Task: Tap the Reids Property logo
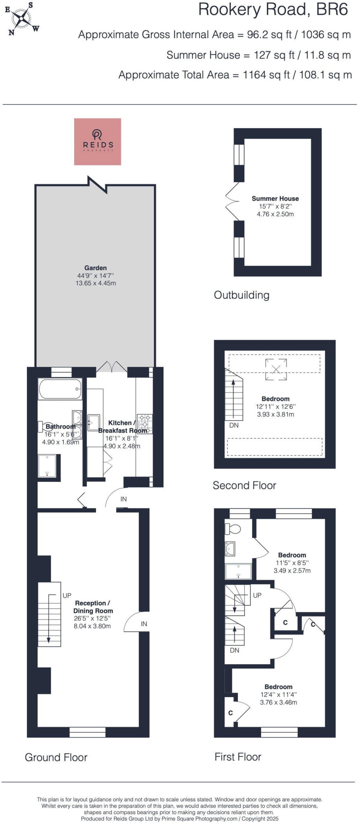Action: (x=97, y=141)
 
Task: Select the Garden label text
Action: (x=95, y=268)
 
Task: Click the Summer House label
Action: (x=275, y=199)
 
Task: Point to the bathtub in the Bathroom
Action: (x=60, y=389)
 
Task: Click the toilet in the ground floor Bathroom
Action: (x=42, y=426)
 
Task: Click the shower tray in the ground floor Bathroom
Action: (x=47, y=466)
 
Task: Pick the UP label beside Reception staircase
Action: (x=67, y=595)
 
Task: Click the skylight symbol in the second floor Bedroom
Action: (x=276, y=369)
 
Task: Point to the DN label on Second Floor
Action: (x=234, y=425)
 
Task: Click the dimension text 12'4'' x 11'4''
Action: (x=278, y=694)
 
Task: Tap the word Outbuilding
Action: (x=242, y=295)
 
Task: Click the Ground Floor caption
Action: (x=56, y=757)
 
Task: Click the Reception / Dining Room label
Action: (x=93, y=607)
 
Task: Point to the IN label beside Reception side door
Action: (x=144, y=624)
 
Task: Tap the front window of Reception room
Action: (x=87, y=732)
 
